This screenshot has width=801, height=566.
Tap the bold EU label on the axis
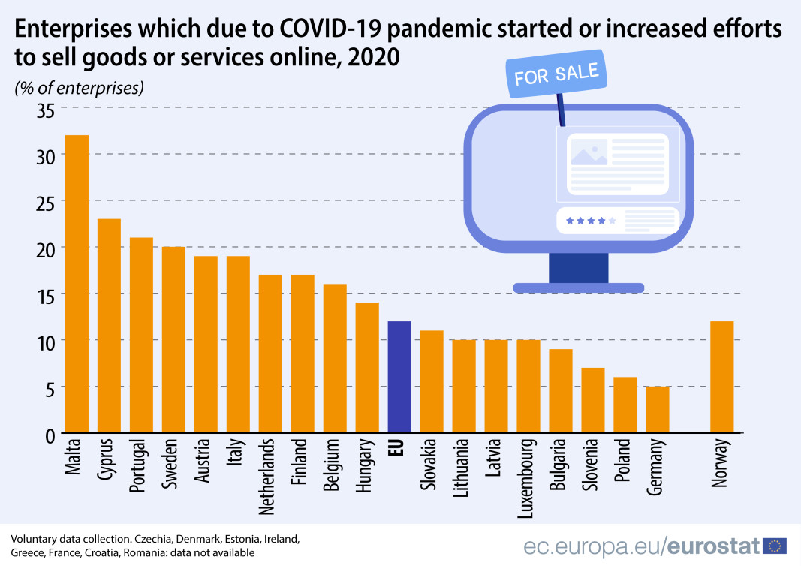tap(399, 449)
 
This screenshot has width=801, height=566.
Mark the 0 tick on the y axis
tap(50, 435)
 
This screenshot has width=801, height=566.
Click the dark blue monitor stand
tap(578, 269)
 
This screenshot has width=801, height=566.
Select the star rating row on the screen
tap(591, 221)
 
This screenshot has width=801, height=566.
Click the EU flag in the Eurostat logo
tap(774, 546)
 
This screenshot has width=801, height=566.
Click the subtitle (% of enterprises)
tap(79, 88)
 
